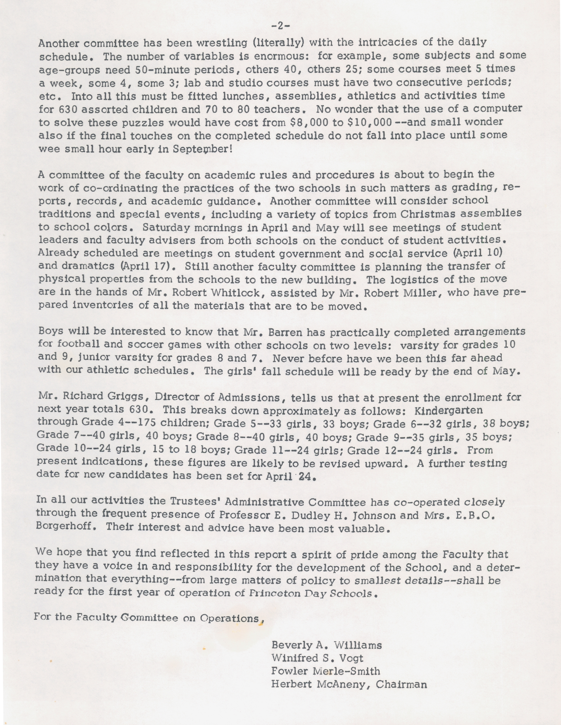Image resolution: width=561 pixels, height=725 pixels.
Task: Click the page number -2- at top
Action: (x=280, y=25)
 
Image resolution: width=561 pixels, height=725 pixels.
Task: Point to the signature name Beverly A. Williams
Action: (x=327, y=645)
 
